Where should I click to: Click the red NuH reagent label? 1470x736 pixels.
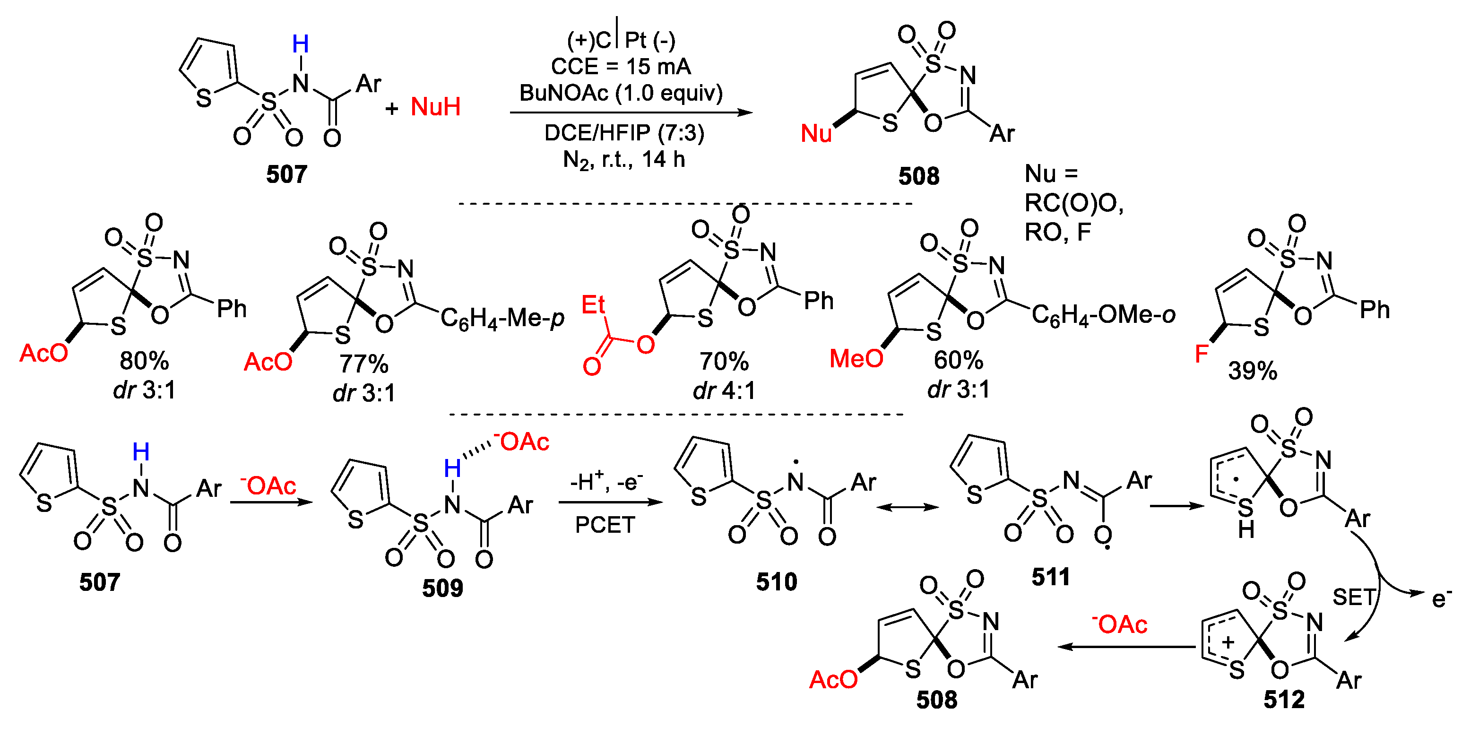(435, 107)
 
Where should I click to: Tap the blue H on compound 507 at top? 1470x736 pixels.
(300, 44)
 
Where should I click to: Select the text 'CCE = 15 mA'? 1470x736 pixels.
(621, 67)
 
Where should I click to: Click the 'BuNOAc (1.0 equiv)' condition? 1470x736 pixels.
(621, 93)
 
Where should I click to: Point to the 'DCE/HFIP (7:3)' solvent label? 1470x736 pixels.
(624, 133)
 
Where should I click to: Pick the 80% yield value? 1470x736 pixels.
(144, 361)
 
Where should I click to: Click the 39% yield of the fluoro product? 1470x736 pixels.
(1253, 371)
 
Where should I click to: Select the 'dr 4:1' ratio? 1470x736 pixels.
(724, 391)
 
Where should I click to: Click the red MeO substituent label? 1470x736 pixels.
(856, 359)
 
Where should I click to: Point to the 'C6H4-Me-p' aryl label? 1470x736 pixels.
(502, 318)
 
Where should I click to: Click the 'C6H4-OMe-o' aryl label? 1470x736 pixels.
(1104, 314)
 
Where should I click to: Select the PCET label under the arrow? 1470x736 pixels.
(605, 525)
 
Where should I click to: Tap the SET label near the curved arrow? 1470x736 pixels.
(1354, 597)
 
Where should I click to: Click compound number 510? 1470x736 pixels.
(776, 582)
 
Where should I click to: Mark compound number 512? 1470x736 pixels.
(1284, 700)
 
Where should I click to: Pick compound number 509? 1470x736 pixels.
(442, 588)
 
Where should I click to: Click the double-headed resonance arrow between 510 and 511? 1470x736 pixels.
(908, 507)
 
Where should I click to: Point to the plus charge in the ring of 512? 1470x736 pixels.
(1228, 642)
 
